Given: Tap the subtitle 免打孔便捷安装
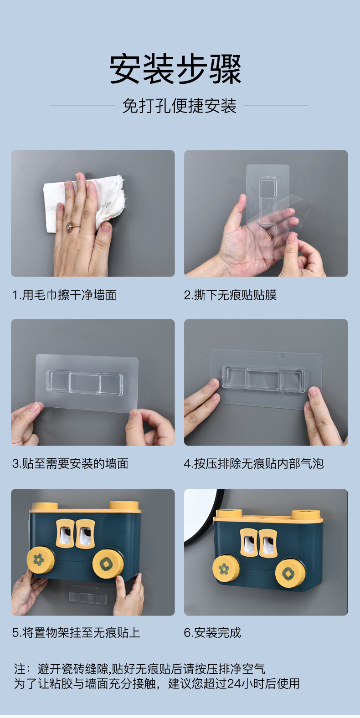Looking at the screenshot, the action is [x=179, y=106].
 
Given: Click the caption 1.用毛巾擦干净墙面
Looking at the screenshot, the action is [x=64, y=295].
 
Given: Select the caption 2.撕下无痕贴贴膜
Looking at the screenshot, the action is [x=230, y=295].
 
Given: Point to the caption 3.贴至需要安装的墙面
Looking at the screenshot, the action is [x=70, y=464].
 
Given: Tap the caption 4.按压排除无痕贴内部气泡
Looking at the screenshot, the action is [x=254, y=464].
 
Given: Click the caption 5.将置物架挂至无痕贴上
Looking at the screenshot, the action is [x=76, y=633].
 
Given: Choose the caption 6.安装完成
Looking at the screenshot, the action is [x=212, y=633].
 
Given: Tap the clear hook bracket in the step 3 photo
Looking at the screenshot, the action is [x=85, y=382].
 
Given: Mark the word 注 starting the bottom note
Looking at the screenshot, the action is [x=20, y=669].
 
